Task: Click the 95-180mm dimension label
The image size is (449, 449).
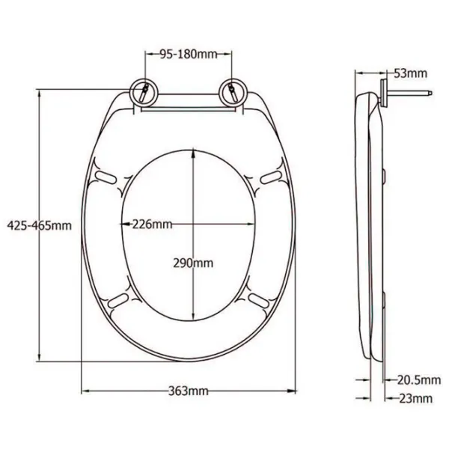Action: point(189,54)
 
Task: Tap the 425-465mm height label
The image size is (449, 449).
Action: point(39,226)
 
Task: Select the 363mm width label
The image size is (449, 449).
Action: point(188,391)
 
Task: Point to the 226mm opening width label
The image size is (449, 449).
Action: point(152,224)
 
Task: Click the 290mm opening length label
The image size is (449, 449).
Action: point(193,263)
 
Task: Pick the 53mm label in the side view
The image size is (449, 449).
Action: point(410,73)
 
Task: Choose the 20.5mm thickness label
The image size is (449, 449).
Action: point(419,380)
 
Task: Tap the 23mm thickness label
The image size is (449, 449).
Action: point(415,398)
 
